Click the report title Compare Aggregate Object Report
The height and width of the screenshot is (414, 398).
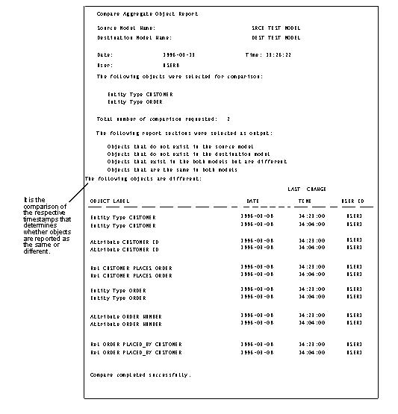[147, 14]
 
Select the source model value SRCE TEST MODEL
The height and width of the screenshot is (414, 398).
[276, 28]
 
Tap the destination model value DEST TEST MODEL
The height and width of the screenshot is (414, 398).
[276, 37]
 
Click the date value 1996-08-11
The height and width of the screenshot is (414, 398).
[178, 54]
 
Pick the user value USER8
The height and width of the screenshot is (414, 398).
[170, 65]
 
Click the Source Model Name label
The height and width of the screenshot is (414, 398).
[125, 28]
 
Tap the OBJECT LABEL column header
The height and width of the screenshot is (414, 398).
[109, 201]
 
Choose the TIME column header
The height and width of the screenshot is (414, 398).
[305, 201]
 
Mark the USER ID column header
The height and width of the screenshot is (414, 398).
[352, 201]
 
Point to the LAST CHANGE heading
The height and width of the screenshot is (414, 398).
[307, 189]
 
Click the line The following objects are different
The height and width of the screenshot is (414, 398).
[143, 179]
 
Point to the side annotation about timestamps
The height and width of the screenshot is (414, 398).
[46, 225]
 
